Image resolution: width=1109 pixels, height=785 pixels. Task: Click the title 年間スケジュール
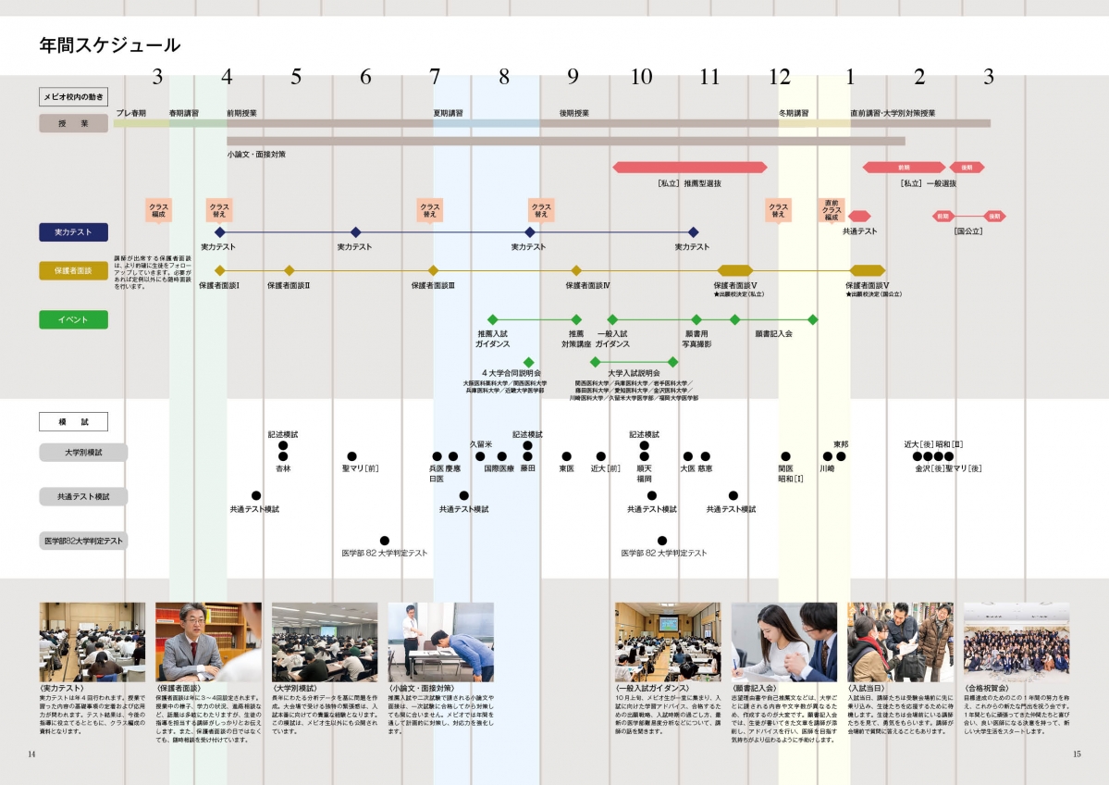(109, 45)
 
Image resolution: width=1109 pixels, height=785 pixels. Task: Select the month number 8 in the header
(503, 77)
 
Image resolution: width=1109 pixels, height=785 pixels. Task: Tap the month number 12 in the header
(780, 77)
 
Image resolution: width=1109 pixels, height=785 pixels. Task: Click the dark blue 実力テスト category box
(73, 232)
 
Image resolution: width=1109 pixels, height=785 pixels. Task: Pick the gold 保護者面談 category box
(73, 270)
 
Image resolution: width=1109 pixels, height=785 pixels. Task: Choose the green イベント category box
(73, 319)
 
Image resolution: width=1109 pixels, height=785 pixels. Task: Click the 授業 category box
(73, 123)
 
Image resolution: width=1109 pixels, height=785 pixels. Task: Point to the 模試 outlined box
(73, 422)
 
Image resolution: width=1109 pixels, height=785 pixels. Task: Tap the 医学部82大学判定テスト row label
(83, 540)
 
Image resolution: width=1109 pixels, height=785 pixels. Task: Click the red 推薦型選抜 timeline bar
(689, 168)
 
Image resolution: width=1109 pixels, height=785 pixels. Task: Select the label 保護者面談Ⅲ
(433, 286)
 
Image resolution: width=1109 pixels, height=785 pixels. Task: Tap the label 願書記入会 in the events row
(773, 333)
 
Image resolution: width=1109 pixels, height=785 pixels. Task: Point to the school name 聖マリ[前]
(360, 468)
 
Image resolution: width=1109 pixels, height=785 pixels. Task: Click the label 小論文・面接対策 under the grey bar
(256, 154)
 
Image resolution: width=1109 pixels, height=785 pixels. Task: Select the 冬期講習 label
(793, 113)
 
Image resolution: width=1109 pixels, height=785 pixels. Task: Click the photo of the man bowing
(441, 642)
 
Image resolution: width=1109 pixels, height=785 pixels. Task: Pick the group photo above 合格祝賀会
(1016, 642)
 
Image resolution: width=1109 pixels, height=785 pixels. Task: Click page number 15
(1077, 754)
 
